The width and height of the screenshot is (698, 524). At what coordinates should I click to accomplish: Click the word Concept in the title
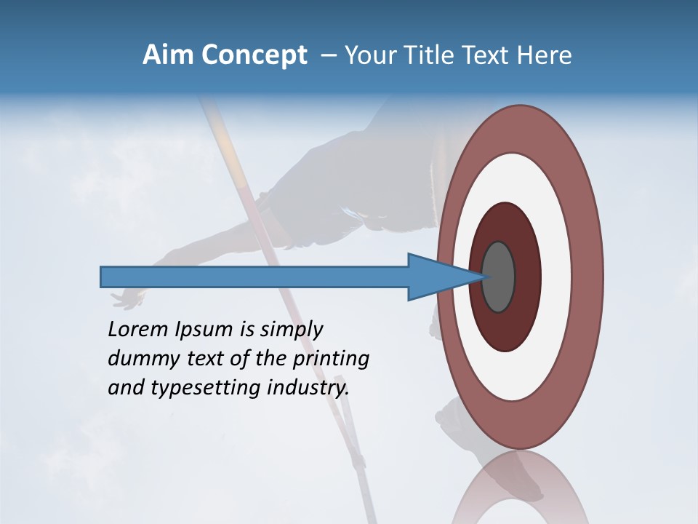(x=254, y=55)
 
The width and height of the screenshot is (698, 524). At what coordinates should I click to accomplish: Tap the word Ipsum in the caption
(x=204, y=330)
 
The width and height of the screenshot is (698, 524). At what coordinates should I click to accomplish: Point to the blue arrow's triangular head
(x=436, y=277)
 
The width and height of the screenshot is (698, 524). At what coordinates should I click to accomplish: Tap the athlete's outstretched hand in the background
(x=127, y=298)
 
